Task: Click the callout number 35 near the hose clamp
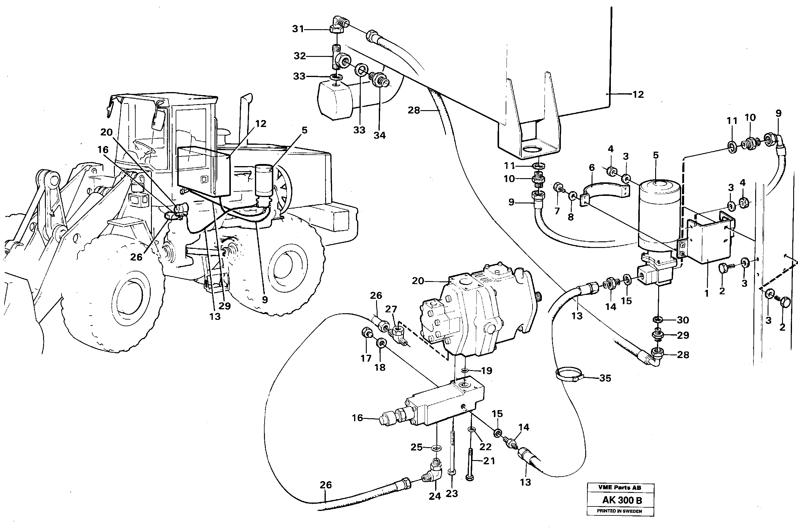click(605, 378)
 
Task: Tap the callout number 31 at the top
click(298, 29)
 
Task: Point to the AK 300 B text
click(622, 500)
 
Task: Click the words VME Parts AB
click(620, 487)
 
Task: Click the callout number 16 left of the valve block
click(357, 418)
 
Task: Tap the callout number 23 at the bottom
click(452, 494)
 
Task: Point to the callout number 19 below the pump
click(487, 370)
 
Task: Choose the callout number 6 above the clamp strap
click(592, 167)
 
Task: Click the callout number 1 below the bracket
click(707, 293)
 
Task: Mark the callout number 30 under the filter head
click(683, 320)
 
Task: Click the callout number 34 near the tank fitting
click(379, 135)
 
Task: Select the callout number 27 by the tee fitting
click(391, 309)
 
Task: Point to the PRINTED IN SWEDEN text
click(619, 511)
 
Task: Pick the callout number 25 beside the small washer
click(416, 447)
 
